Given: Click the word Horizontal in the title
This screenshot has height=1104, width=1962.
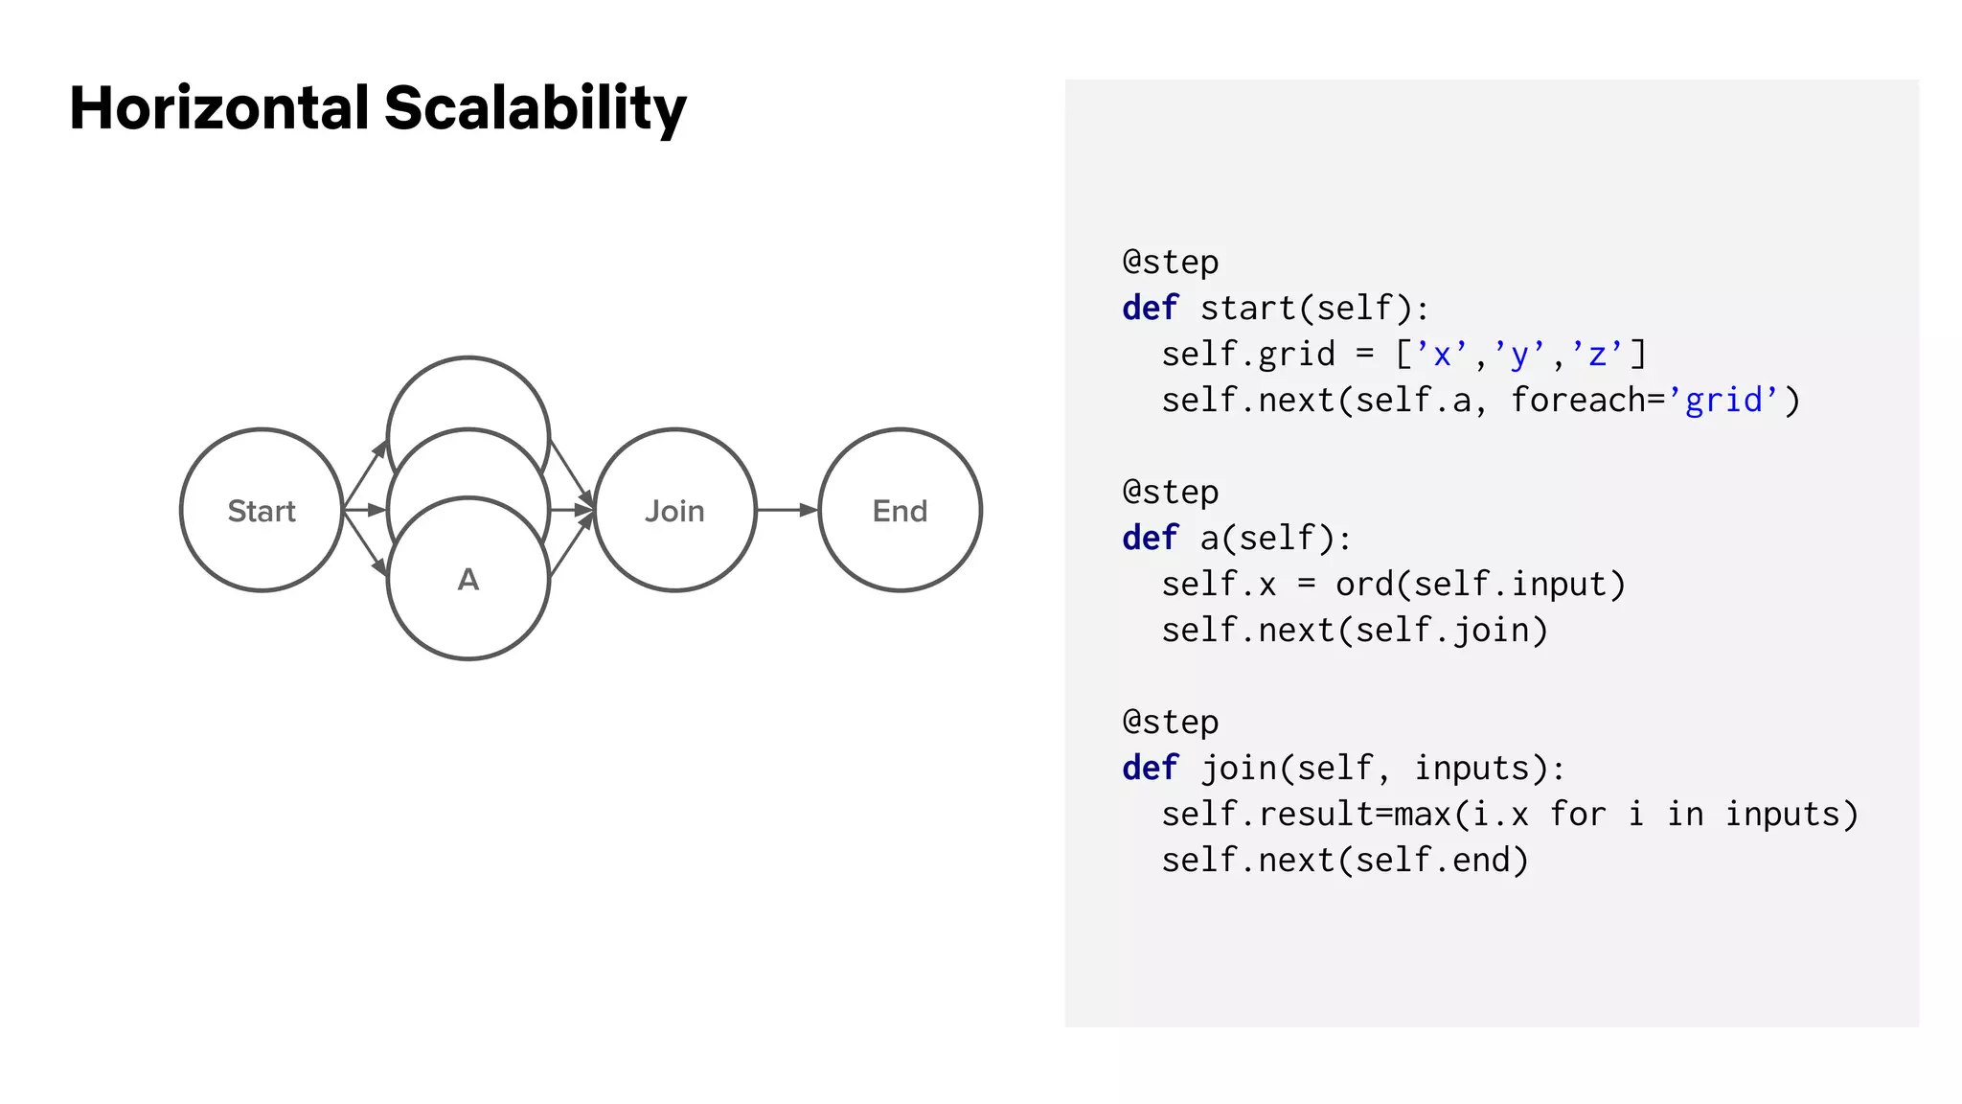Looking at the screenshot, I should [219, 107].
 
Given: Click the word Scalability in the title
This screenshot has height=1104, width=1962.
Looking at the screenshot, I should [535, 109].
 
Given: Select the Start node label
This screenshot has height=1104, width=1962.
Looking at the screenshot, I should [262, 512].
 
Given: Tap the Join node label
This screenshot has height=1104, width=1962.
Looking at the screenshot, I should [674, 512].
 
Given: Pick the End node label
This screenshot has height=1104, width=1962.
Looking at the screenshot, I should [900, 512].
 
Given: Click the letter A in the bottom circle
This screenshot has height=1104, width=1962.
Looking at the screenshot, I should [468, 580].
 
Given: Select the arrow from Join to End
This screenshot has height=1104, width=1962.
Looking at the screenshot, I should [787, 511].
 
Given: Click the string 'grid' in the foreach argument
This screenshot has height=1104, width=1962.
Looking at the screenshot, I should [1723, 401].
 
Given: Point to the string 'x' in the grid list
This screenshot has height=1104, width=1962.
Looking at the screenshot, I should [1442, 355].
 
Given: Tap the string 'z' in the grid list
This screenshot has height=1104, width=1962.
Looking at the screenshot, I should [1597, 355].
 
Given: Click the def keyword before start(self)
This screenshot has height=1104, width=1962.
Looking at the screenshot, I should [1150, 309].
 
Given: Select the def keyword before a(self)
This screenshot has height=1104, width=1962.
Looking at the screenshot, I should [1150, 539].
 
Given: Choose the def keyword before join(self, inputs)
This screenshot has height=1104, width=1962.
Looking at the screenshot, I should [1150, 769].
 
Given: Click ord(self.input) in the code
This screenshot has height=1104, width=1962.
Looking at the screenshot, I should [1480, 585].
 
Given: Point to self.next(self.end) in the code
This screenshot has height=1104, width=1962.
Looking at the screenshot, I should [1345, 861].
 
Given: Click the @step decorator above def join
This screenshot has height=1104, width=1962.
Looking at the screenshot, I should [1171, 723].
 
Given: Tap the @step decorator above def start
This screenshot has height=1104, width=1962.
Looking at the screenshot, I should [1171, 263].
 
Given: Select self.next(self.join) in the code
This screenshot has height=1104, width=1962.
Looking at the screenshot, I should [1355, 631].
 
